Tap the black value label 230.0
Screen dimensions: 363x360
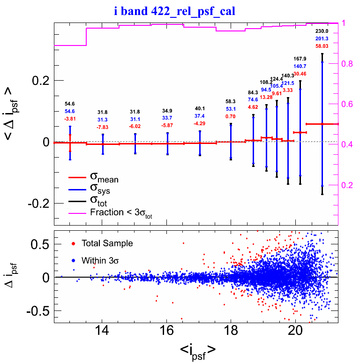322,31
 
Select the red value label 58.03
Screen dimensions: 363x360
322,46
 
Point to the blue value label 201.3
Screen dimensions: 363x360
322,38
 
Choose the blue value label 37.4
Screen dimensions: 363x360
200,116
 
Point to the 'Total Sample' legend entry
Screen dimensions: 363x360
107,244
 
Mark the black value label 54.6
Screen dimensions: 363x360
70,104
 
